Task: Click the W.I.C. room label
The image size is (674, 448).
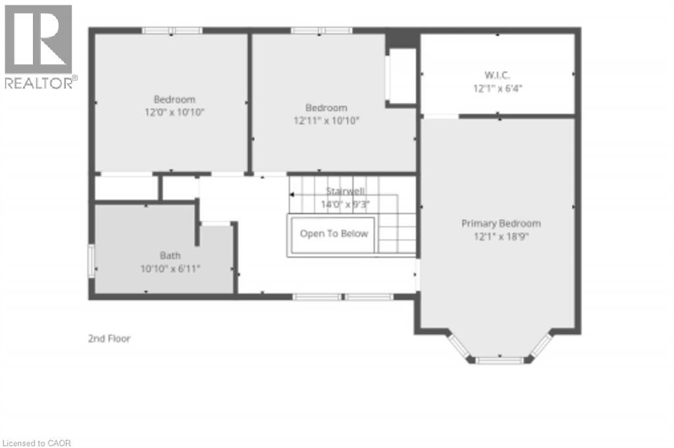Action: [x=498, y=75]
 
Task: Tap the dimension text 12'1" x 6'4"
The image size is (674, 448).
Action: [x=498, y=87]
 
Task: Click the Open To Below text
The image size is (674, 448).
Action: [x=334, y=234]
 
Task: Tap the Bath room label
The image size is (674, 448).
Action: [x=169, y=255]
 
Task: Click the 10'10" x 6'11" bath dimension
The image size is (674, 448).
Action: [x=169, y=268]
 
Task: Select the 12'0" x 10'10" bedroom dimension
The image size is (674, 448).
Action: [x=174, y=112]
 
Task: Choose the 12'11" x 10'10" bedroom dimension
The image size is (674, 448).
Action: [x=326, y=120]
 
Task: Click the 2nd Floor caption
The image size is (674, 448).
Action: [x=109, y=339]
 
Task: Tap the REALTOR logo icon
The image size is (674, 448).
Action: [x=38, y=39]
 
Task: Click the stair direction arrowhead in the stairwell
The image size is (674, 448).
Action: [x=292, y=195]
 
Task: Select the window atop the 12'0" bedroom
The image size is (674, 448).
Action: [x=172, y=30]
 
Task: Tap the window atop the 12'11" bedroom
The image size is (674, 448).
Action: [x=321, y=30]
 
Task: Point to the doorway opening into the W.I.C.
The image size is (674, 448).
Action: [x=440, y=116]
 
